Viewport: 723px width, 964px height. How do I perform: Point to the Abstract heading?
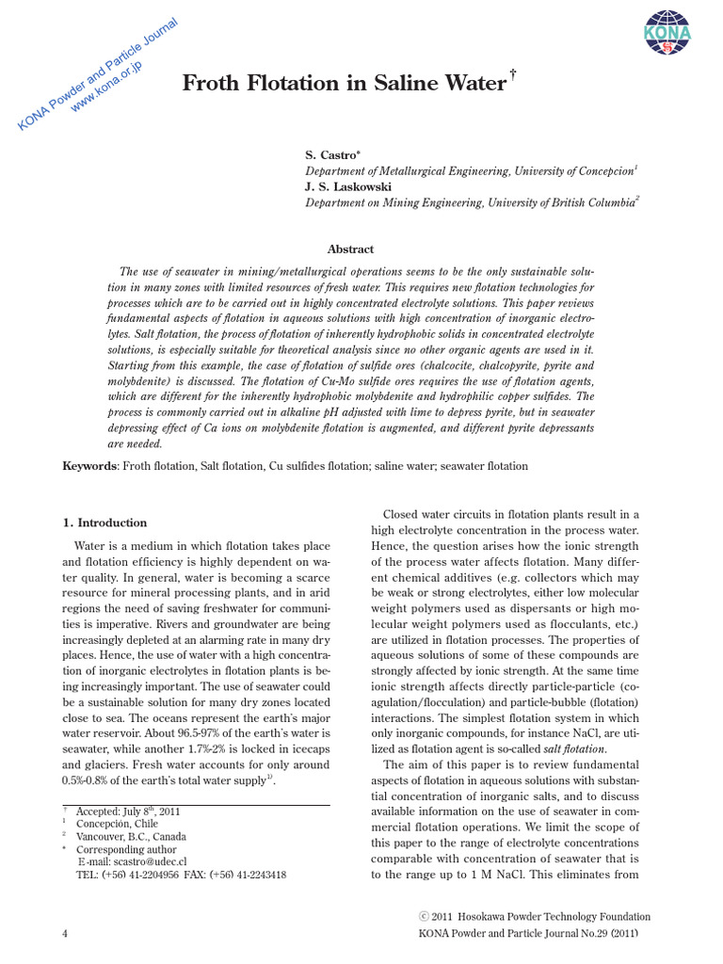350,249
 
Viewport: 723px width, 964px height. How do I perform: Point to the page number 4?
65,933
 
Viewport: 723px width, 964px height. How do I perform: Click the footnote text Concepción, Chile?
117,823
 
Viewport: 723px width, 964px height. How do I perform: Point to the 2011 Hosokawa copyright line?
535,916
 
